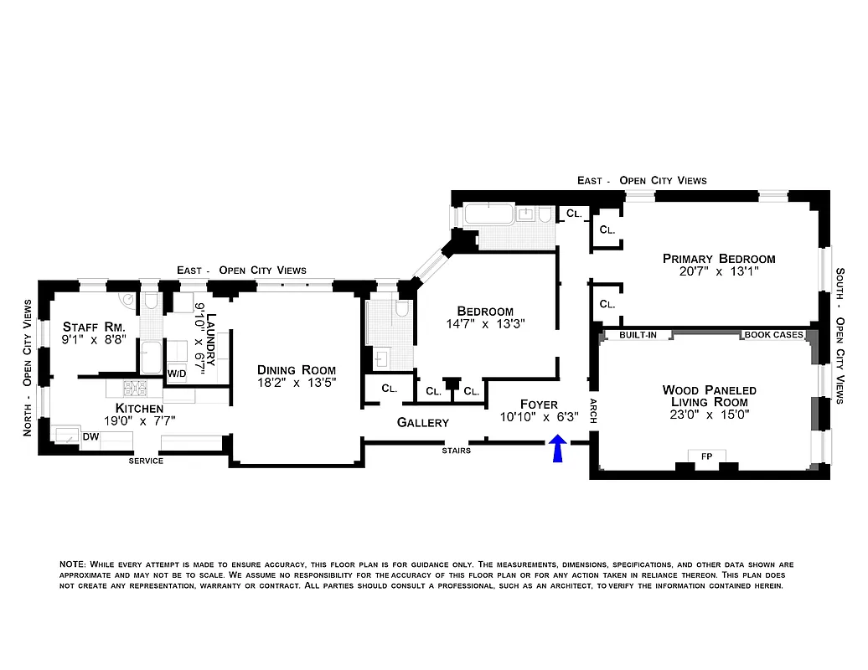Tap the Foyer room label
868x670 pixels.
click(x=538, y=405)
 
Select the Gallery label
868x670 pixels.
click(x=422, y=423)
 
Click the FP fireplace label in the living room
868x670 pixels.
click(x=706, y=456)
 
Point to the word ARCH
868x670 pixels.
click(x=593, y=410)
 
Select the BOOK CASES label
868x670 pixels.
click(x=772, y=335)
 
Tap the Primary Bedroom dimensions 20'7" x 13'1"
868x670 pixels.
click(x=718, y=272)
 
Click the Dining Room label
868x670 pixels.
click(x=296, y=369)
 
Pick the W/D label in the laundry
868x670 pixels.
click(x=176, y=373)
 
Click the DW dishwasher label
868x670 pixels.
click(x=90, y=436)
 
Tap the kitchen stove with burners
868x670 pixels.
click(x=135, y=389)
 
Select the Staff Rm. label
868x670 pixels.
click(x=94, y=327)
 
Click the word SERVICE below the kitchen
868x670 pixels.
click(x=146, y=461)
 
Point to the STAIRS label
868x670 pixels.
click(x=455, y=451)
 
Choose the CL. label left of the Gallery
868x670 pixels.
click(x=389, y=389)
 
